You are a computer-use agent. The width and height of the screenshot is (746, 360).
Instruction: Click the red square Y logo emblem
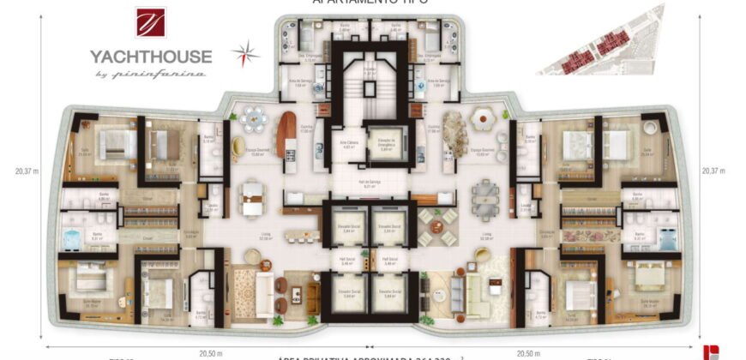[x=151, y=23]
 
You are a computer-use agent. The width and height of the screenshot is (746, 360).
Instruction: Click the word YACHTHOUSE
[x=151, y=57]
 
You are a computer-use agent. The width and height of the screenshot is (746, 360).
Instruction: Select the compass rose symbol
[x=245, y=53]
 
